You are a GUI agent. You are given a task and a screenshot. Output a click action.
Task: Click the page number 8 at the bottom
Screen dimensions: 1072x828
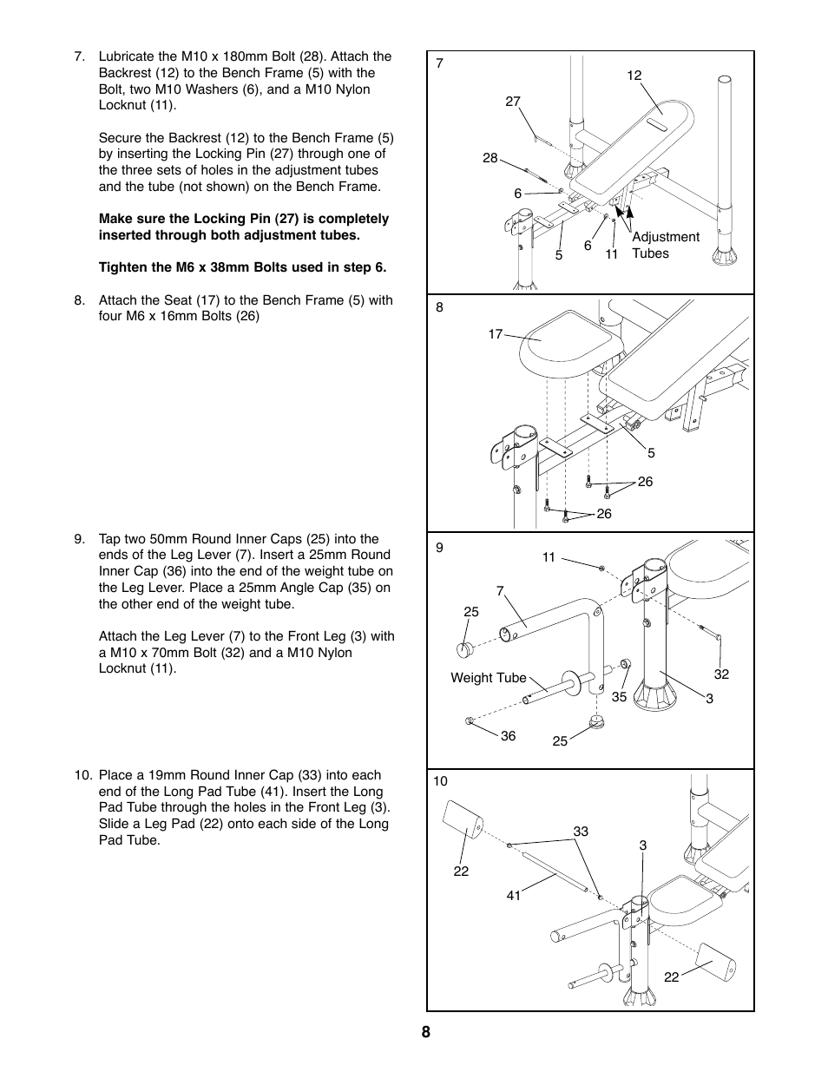[425, 1032]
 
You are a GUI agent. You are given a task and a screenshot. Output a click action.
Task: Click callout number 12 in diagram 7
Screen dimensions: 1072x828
[634, 76]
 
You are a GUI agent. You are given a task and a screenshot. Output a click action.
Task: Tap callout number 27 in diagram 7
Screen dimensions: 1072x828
[512, 102]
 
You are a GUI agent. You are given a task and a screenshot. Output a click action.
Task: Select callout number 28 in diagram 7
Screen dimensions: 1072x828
[490, 158]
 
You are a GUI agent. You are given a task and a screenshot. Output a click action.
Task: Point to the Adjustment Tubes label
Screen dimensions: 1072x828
[665, 245]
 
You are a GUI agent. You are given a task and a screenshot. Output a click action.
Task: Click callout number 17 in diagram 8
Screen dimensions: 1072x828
[495, 333]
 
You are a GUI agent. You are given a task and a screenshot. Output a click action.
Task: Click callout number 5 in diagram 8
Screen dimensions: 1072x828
[651, 453]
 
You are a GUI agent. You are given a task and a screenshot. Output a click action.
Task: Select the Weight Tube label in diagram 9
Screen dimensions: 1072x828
[488, 678]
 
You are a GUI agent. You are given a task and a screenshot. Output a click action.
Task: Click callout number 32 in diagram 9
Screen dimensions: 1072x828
[721, 674]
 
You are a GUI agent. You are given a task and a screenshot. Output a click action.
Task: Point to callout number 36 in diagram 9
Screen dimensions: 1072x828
[508, 736]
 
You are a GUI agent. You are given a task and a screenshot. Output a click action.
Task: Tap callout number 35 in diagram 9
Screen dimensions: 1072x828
[618, 696]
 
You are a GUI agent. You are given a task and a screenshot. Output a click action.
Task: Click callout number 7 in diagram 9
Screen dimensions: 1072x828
[500, 591]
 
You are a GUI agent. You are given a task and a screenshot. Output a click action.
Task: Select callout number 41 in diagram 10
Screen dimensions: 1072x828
[514, 895]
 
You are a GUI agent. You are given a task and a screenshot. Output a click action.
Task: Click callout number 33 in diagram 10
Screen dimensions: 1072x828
[581, 832]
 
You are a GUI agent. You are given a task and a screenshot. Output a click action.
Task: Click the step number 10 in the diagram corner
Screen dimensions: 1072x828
[440, 781]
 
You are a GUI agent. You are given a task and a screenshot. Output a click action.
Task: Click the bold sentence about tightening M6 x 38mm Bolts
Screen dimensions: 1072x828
[242, 267]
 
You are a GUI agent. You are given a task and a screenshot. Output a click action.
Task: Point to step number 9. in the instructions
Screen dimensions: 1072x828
[81, 539]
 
